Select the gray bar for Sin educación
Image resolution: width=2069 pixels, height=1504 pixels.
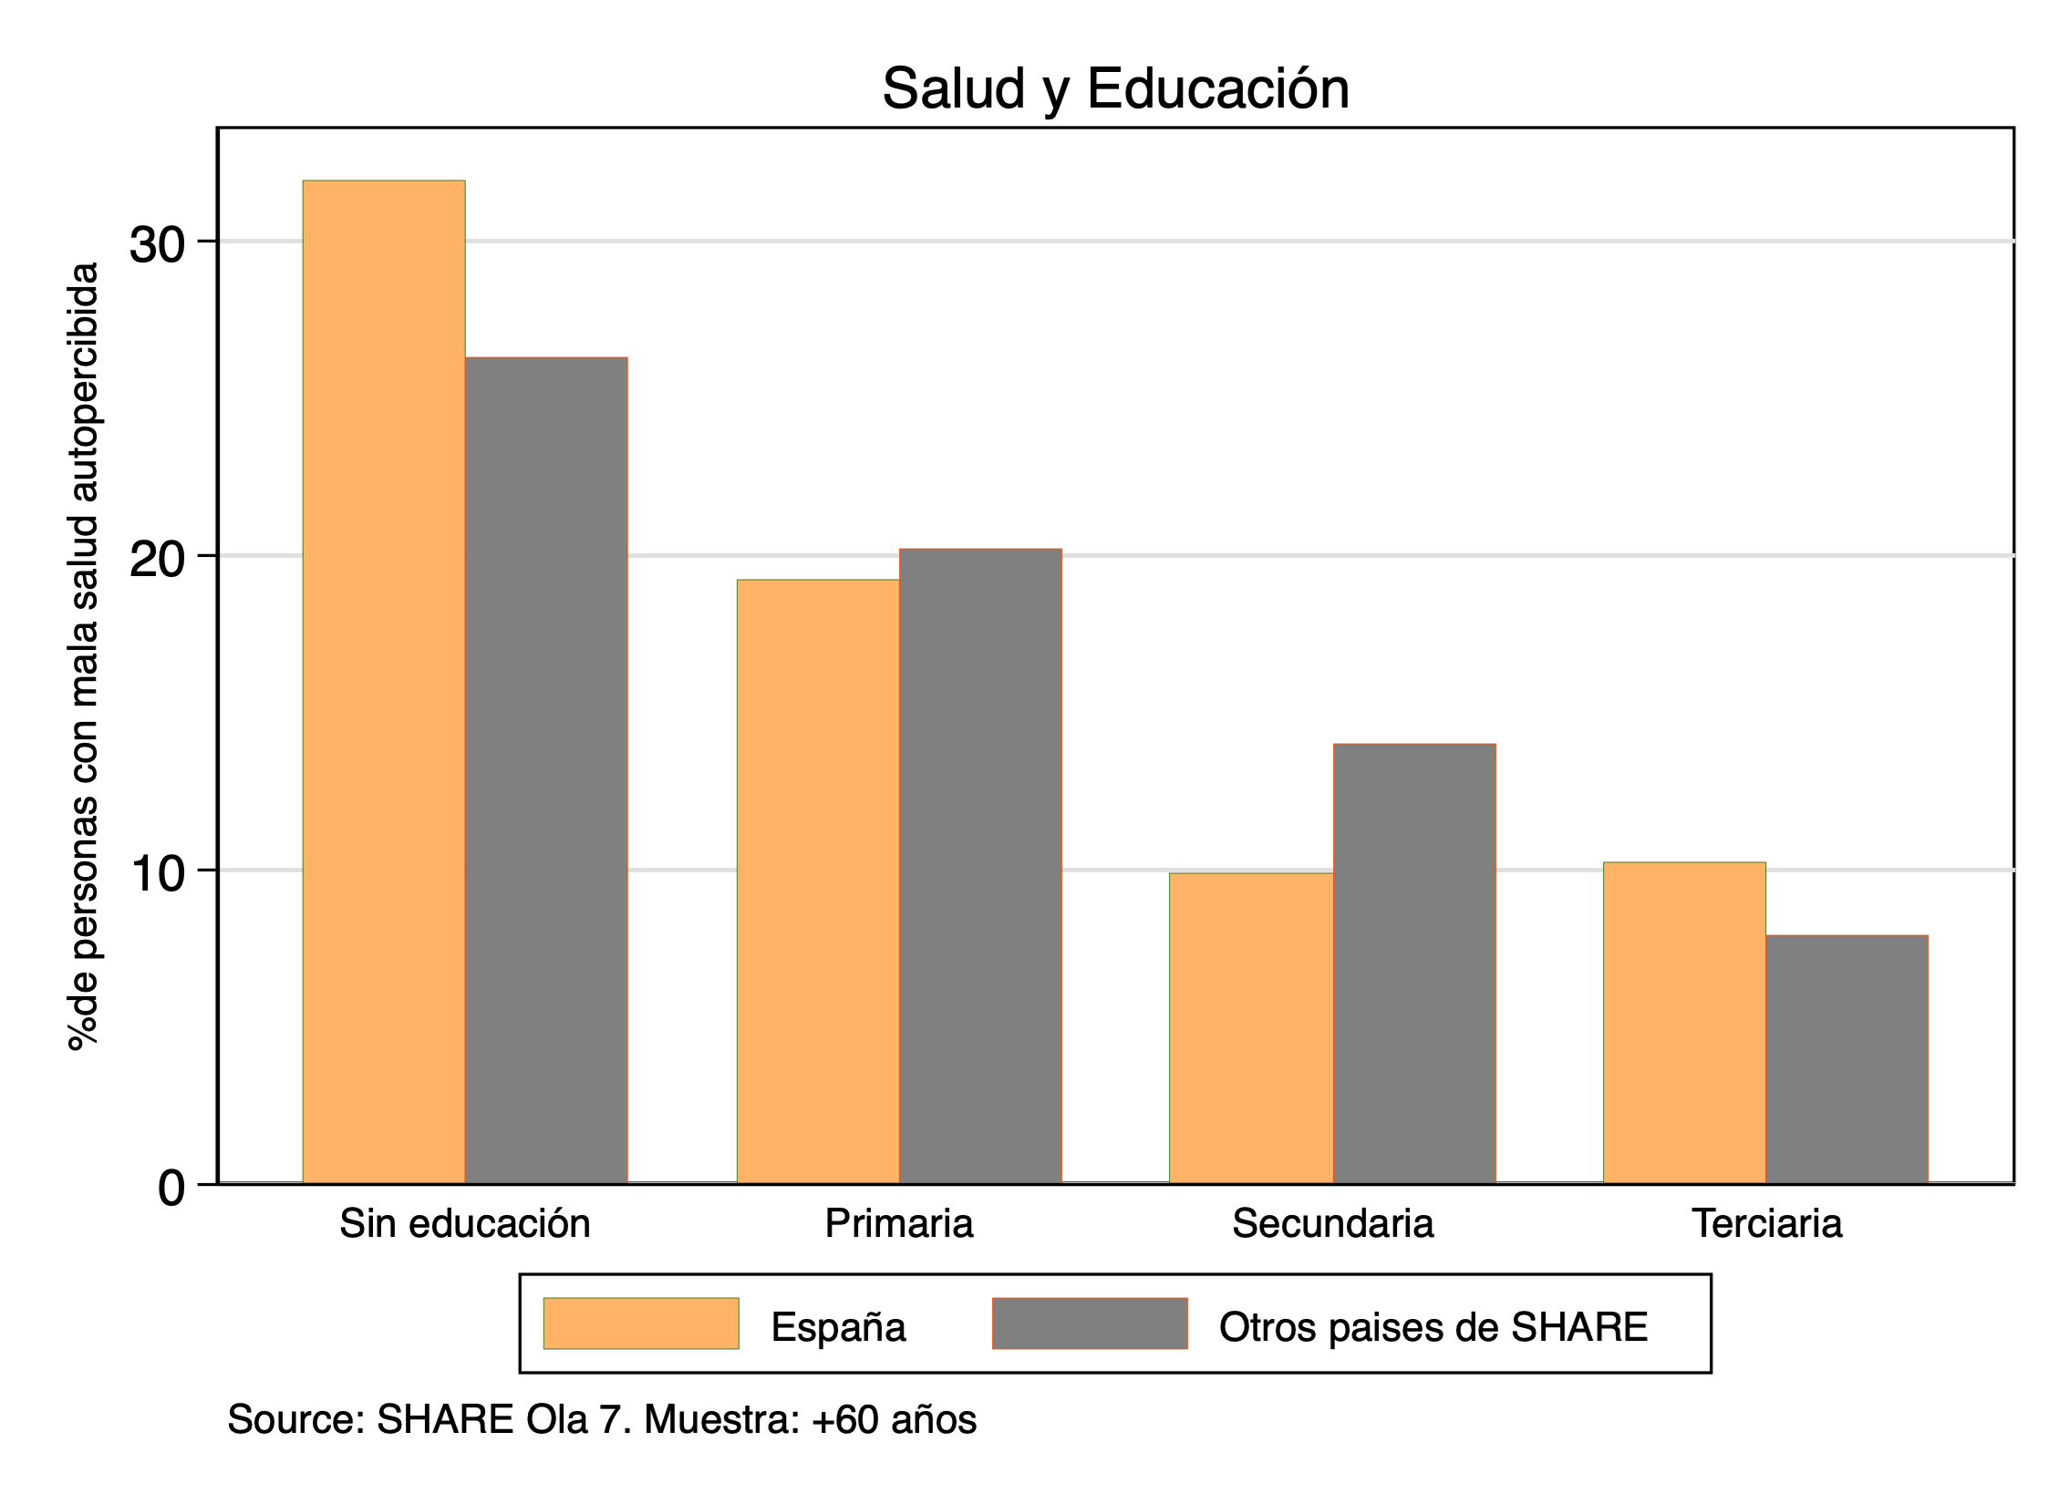546,770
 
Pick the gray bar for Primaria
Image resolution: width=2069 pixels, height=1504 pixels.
980,866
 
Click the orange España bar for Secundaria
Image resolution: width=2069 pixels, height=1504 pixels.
1252,1028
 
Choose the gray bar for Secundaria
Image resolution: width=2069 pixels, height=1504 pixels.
1415,963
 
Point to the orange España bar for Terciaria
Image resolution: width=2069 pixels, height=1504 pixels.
1685,1023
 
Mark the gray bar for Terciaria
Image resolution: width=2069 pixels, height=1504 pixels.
1847,1059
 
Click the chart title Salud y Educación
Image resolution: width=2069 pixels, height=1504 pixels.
1116,88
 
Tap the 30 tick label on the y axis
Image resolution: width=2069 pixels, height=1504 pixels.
157,244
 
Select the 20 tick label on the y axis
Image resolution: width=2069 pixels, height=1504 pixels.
157,559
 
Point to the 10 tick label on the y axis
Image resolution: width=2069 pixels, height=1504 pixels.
157,874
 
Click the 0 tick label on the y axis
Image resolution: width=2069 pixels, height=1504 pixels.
171,1189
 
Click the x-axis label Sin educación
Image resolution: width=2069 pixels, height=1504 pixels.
465,1223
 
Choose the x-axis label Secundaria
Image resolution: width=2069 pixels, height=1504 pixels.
1333,1223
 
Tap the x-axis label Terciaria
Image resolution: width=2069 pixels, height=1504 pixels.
1767,1223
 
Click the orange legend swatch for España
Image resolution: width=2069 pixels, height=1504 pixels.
641,1324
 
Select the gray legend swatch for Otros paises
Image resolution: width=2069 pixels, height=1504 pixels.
1091,1324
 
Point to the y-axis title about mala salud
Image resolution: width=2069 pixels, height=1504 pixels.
84,656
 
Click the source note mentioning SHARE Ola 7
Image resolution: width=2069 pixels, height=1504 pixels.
602,1420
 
